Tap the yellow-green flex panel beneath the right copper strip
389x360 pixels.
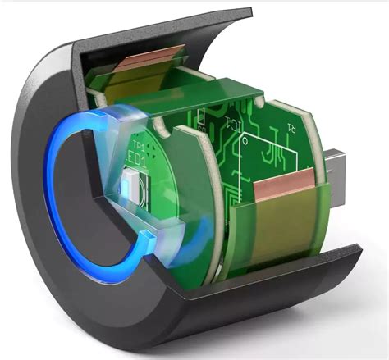[x=279, y=226]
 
